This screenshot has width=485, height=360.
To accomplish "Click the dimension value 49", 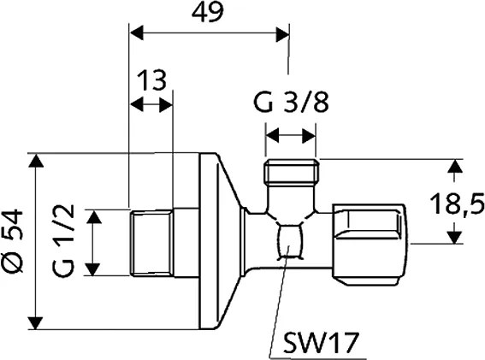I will pyautogui.click(x=208, y=15).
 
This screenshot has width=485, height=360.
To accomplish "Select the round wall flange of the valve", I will pyautogui.click(x=210, y=242).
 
